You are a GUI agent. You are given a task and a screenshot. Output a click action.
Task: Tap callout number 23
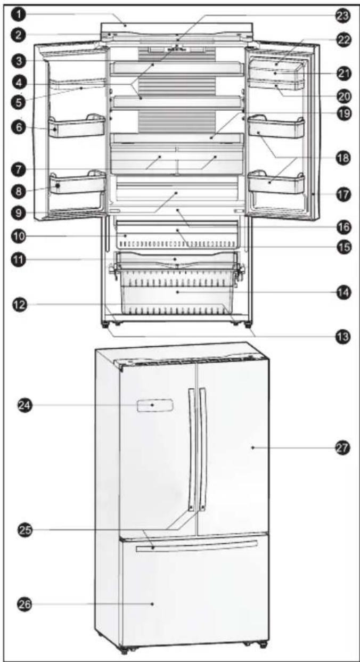click(x=341, y=15)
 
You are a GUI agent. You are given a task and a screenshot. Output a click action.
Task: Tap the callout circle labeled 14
click(x=341, y=292)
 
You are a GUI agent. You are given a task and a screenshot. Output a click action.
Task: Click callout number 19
click(x=341, y=113)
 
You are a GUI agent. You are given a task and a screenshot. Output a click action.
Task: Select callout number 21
click(x=341, y=73)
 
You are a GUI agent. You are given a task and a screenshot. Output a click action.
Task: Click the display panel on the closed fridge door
click(x=153, y=406)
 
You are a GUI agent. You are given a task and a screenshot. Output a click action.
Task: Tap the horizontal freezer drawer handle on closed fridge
click(x=196, y=545)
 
